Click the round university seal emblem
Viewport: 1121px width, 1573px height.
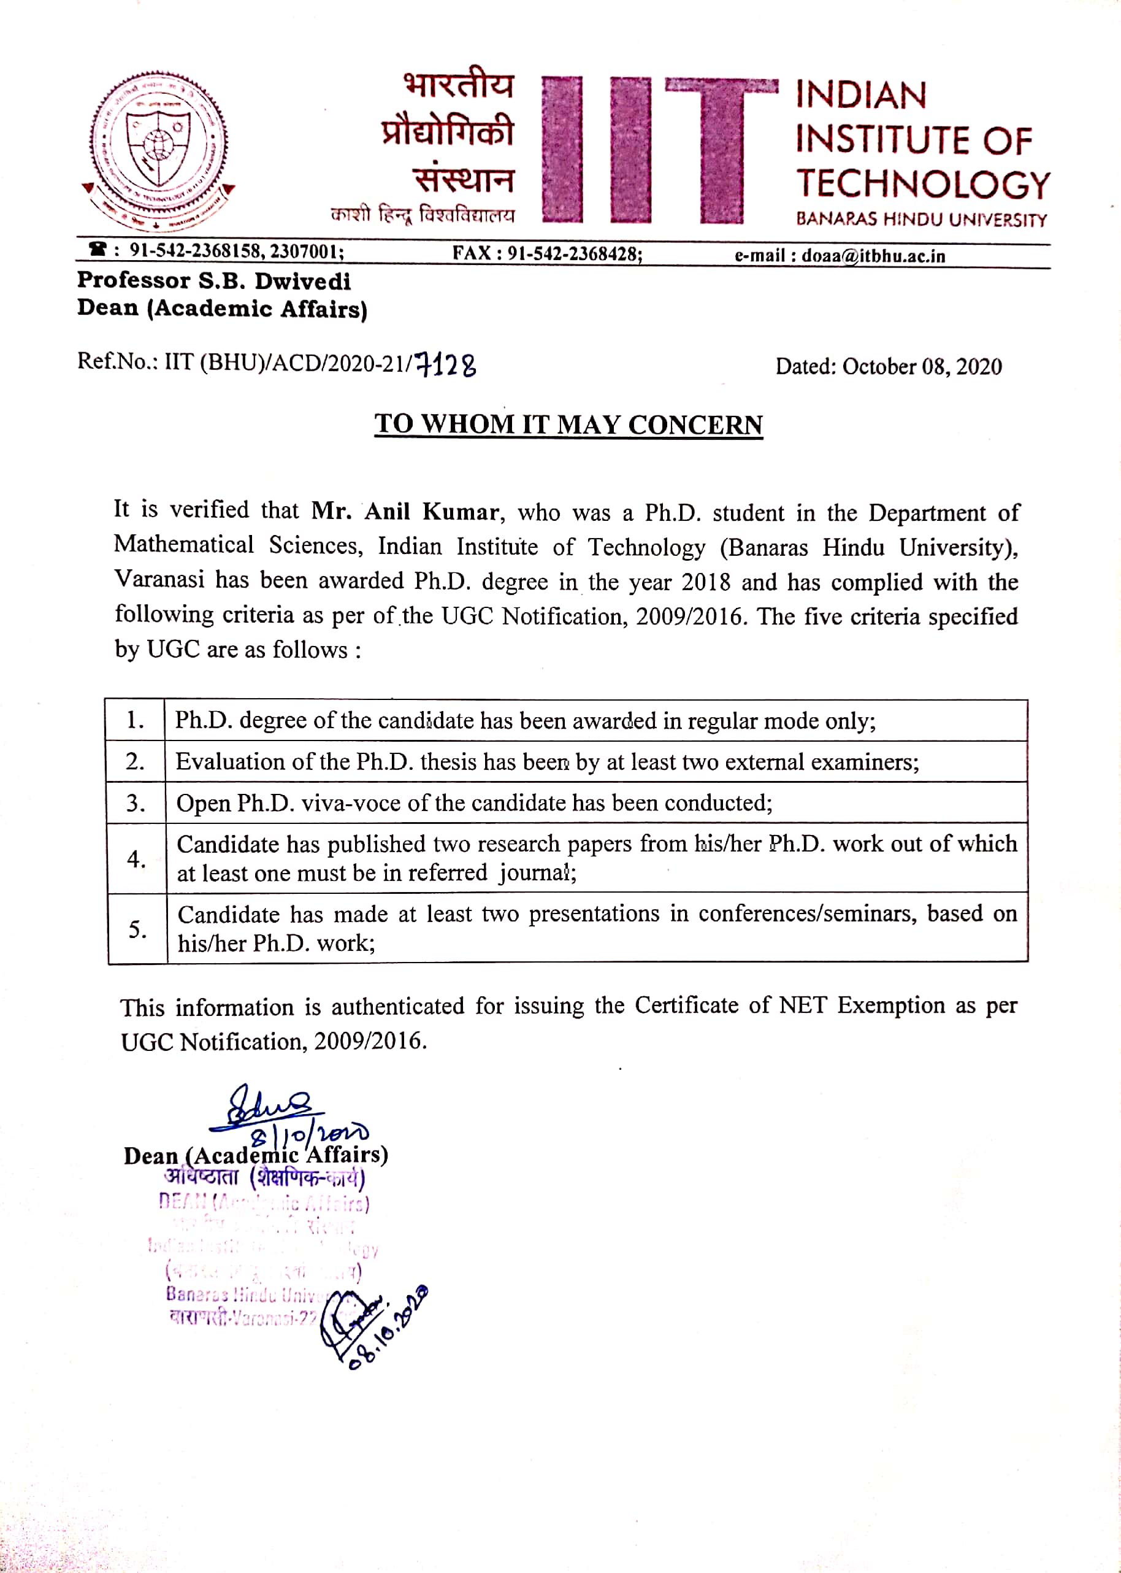[159, 148]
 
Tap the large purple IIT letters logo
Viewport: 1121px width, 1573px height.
[659, 150]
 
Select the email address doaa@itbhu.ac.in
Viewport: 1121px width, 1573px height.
[873, 256]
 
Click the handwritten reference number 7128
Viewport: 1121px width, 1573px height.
[446, 364]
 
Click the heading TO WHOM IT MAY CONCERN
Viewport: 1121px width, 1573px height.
[568, 424]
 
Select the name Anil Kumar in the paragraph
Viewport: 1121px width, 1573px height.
[432, 512]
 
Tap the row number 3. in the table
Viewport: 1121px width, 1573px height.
[136, 803]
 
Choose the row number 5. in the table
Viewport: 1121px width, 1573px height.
[138, 929]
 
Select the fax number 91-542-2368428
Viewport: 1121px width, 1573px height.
[575, 253]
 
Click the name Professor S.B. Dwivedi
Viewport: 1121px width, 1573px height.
[214, 280]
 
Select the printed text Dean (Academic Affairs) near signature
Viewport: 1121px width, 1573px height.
[255, 1155]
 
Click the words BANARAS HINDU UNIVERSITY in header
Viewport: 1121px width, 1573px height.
[921, 220]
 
